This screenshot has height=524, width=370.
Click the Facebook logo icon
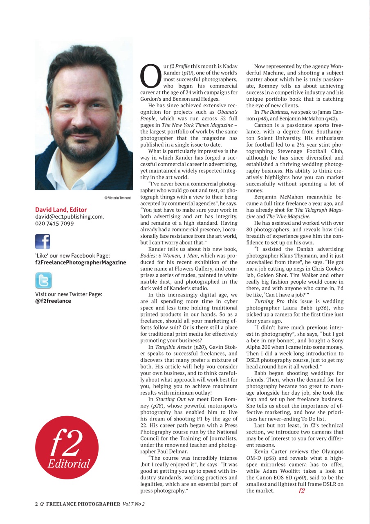pyautogui.click(x=43, y=242)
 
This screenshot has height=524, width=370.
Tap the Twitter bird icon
pyautogui.click(x=43, y=281)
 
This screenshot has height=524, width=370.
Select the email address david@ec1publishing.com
pyautogui.click(x=69, y=217)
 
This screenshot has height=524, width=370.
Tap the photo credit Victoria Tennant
pyautogui.click(x=118, y=198)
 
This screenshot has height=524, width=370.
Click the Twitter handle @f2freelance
pyautogui.click(x=53, y=301)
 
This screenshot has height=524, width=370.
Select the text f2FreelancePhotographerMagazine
pyautogui.click(x=81, y=262)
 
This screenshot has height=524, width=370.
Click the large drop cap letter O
pyautogui.click(x=150, y=76)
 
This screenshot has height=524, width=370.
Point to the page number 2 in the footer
pyautogui.click(x=36, y=504)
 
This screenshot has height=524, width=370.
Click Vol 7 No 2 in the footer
pyautogui.click(x=134, y=504)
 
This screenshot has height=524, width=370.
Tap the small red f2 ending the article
pyautogui.click(x=302, y=490)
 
